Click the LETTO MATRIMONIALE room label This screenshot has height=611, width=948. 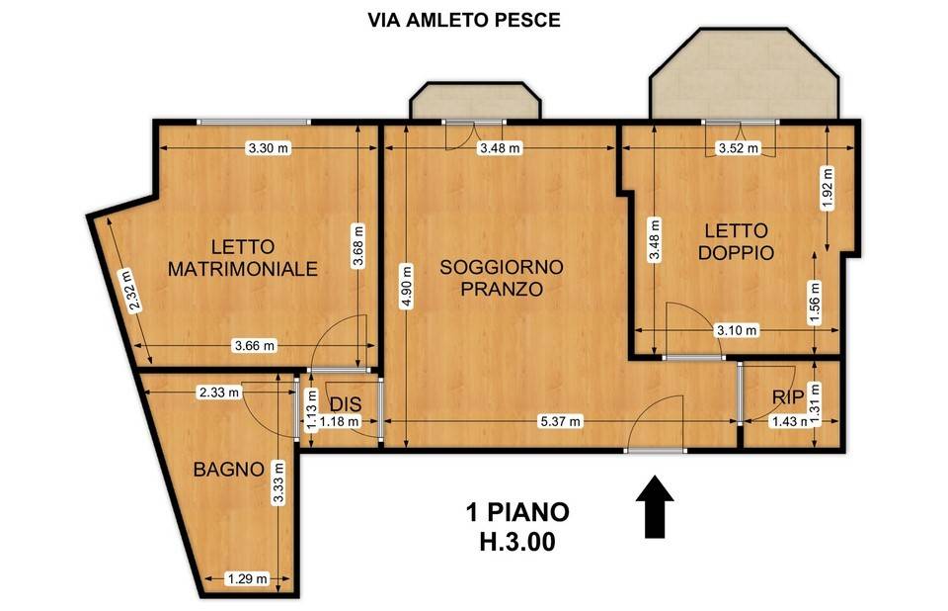pyautogui.click(x=243, y=257)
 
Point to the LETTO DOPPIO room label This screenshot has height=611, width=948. pyautogui.click(x=736, y=241)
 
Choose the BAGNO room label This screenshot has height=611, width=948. pyautogui.click(x=228, y=469)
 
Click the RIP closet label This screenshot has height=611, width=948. pyautogui.click(x=787, y=396)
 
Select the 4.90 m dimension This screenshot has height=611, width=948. pyautogui.click(x=404, y=286)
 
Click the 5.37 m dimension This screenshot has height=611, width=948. pyautogui.click(x=559, y=422)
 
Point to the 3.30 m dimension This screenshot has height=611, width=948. pyautogui.click(x=268, y=148)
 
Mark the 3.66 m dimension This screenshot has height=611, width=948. pyautogui.click(x=254, y=345)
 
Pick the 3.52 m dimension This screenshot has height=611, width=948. pyautogui.click(x=738, y=149)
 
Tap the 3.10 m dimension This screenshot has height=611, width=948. pyautogui.click(x=736, y=330)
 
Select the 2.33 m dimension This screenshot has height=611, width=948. pyautogui.click(x=219, y=393)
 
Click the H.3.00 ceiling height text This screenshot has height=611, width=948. pyautogui.click(x=517, y=542)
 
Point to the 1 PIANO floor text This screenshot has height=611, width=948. pyautogui.click(x=517, y=512)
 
